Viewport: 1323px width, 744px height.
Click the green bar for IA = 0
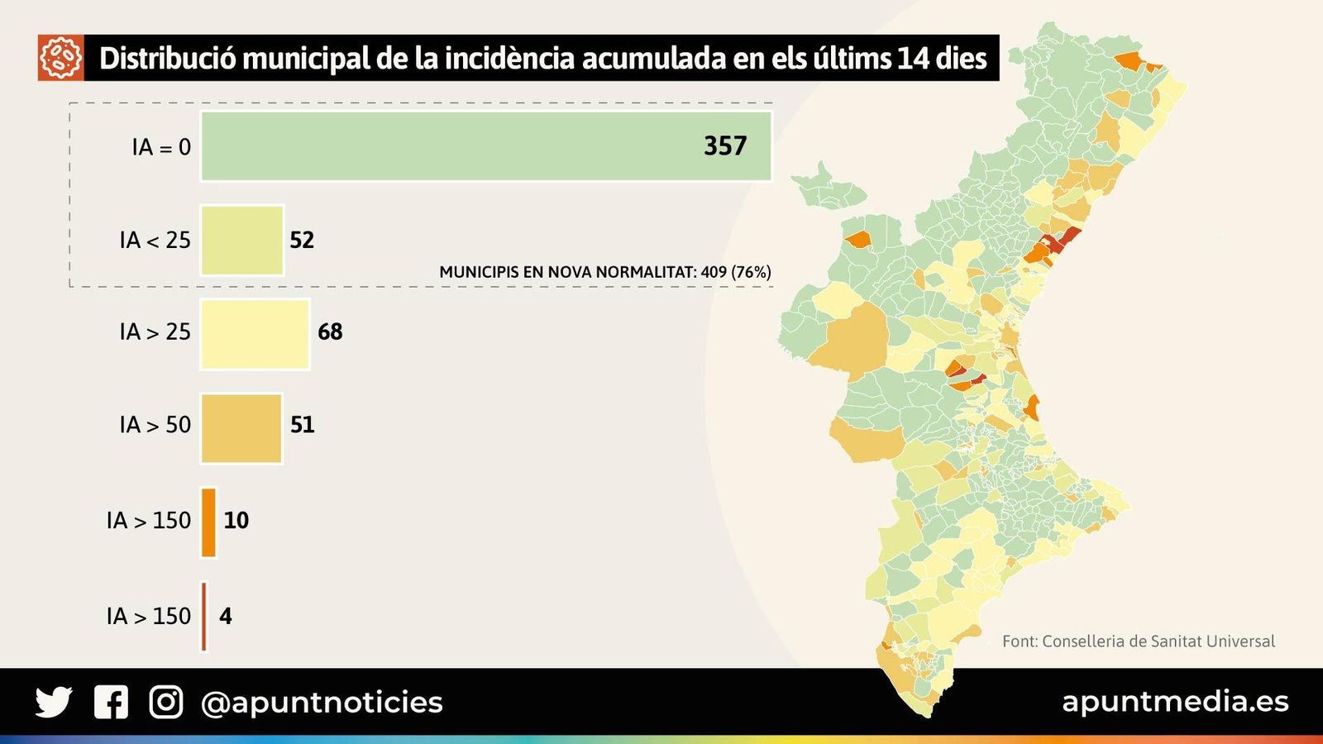486,146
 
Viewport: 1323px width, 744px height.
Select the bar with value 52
242,240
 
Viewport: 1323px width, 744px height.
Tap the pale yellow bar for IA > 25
255,333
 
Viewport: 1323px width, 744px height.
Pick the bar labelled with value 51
241,427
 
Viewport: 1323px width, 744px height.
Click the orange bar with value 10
209,522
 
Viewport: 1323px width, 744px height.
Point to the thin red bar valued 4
204,617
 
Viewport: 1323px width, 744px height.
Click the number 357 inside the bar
725,146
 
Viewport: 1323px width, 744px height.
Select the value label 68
330,332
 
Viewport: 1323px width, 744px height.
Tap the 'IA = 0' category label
161,147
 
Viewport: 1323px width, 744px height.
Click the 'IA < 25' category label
155,241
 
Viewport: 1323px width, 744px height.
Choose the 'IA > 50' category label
155,425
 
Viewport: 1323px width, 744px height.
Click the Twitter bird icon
54,702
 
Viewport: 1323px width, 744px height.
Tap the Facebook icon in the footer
111,702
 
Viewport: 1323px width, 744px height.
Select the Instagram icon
166,702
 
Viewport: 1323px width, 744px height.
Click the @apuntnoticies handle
322,703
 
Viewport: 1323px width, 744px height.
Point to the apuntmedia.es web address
1175,702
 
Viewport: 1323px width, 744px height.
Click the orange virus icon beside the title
60,58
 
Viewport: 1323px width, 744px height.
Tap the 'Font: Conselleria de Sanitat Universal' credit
1138,641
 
